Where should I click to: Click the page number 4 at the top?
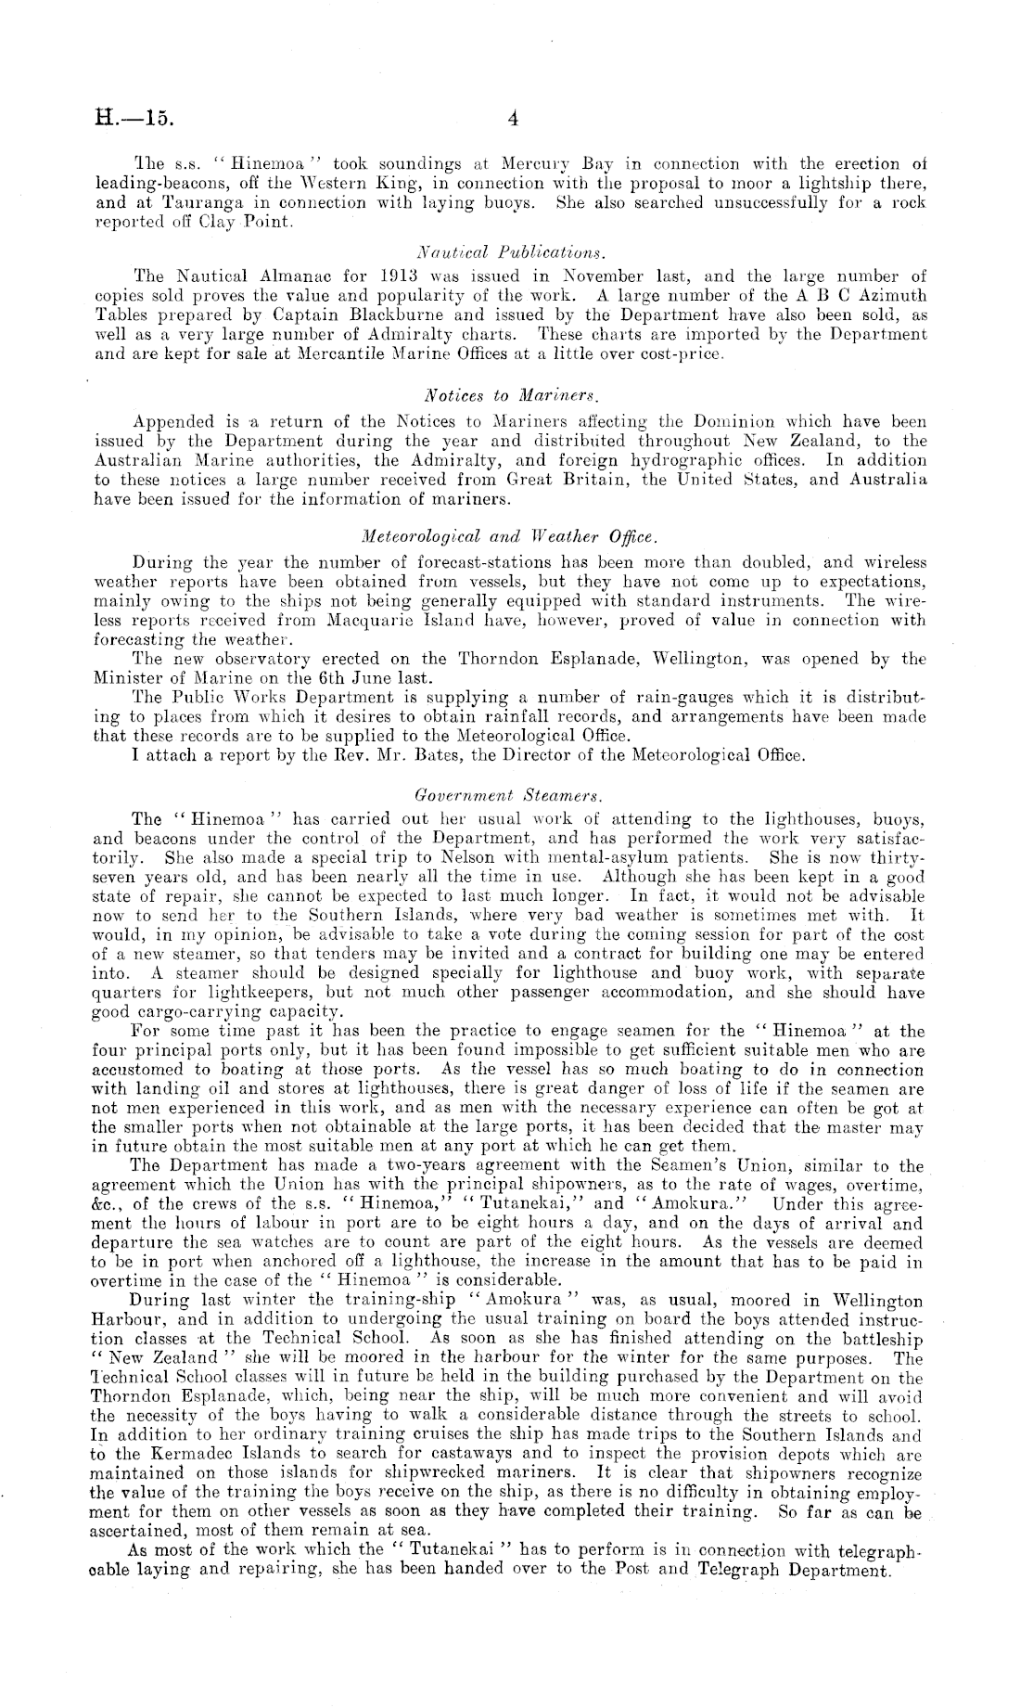click(x=513, y=118)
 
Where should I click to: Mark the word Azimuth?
click(x=889, y=296)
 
